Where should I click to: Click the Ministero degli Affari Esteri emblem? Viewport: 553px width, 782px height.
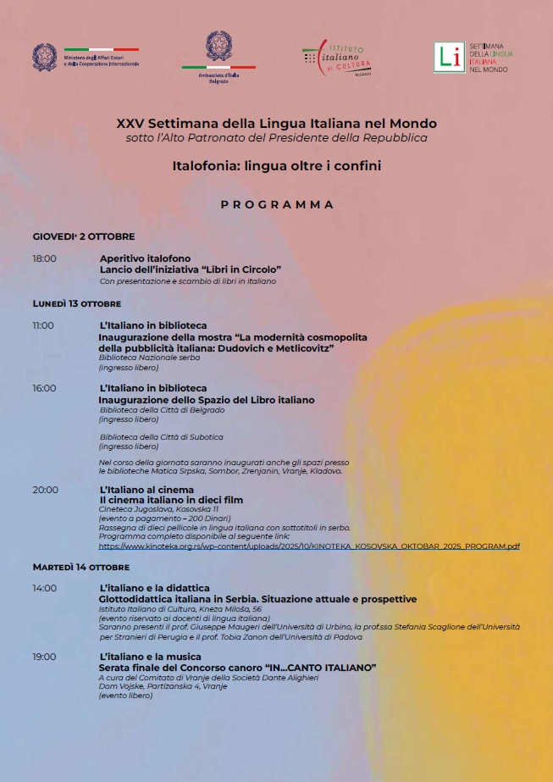tap(45, 57)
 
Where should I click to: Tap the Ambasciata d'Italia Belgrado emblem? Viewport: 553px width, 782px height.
tap(218, 47)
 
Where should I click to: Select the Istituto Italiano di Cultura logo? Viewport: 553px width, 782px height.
tap(337, 58)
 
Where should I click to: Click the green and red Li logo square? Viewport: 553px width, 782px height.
tap(448, 57)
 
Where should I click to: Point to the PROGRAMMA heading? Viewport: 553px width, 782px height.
tap(277, 205)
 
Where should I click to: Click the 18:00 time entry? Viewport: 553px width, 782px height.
tap(44, 258)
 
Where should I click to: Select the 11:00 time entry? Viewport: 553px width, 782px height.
tap(43, 325)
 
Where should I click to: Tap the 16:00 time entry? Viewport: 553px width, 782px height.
tap(44, 388)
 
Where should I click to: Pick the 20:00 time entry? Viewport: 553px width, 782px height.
tap(45, 490)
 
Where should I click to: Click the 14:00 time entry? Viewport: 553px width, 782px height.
tap(44, 588)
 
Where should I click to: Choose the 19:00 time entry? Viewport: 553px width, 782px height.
tap(44, 657)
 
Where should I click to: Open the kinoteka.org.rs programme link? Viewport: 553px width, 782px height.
tap(309, 546)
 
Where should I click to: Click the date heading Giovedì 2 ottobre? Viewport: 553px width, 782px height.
tap(84, 236)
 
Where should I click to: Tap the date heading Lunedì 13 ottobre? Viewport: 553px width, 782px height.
tap(77, 303)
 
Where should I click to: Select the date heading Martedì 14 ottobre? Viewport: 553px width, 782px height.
tap(81, 566)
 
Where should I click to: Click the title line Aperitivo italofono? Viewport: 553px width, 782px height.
tap(145, 258)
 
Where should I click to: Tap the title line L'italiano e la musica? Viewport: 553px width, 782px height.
tap(150, 657)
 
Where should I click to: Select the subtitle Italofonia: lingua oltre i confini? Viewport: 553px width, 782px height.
tap(276, 166)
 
